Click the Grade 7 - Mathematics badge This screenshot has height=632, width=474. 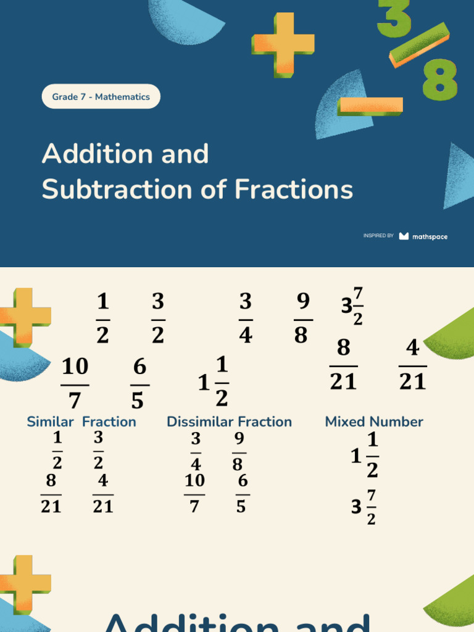[x=101, y=97]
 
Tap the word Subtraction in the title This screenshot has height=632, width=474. [x=117, y=190]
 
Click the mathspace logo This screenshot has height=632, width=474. [x=423, y=236]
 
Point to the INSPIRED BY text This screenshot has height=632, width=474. [x=378, y=236]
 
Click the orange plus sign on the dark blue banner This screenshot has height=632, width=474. [x=283, y=45]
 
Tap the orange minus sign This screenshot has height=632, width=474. [x=370, y=106]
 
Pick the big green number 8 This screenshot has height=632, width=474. [x=439, y=79]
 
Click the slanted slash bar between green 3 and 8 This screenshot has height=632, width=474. [x=419, y=44]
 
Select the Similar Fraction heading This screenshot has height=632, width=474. [x=81, y=422]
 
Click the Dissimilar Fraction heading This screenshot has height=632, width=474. [x=229, y=422]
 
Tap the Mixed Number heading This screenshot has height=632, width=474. [x=374, y=422]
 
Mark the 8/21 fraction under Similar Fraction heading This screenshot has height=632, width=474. [x=51, y=494]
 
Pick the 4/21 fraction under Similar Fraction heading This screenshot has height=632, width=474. [x=102, y=494]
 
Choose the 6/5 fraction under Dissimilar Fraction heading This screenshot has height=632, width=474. [x=242, y=494]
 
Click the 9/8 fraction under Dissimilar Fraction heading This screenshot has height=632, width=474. [x=239, y=452]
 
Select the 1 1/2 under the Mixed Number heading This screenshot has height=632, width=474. [x=365, y=455]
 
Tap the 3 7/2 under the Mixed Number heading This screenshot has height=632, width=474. [x=364, y=507]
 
